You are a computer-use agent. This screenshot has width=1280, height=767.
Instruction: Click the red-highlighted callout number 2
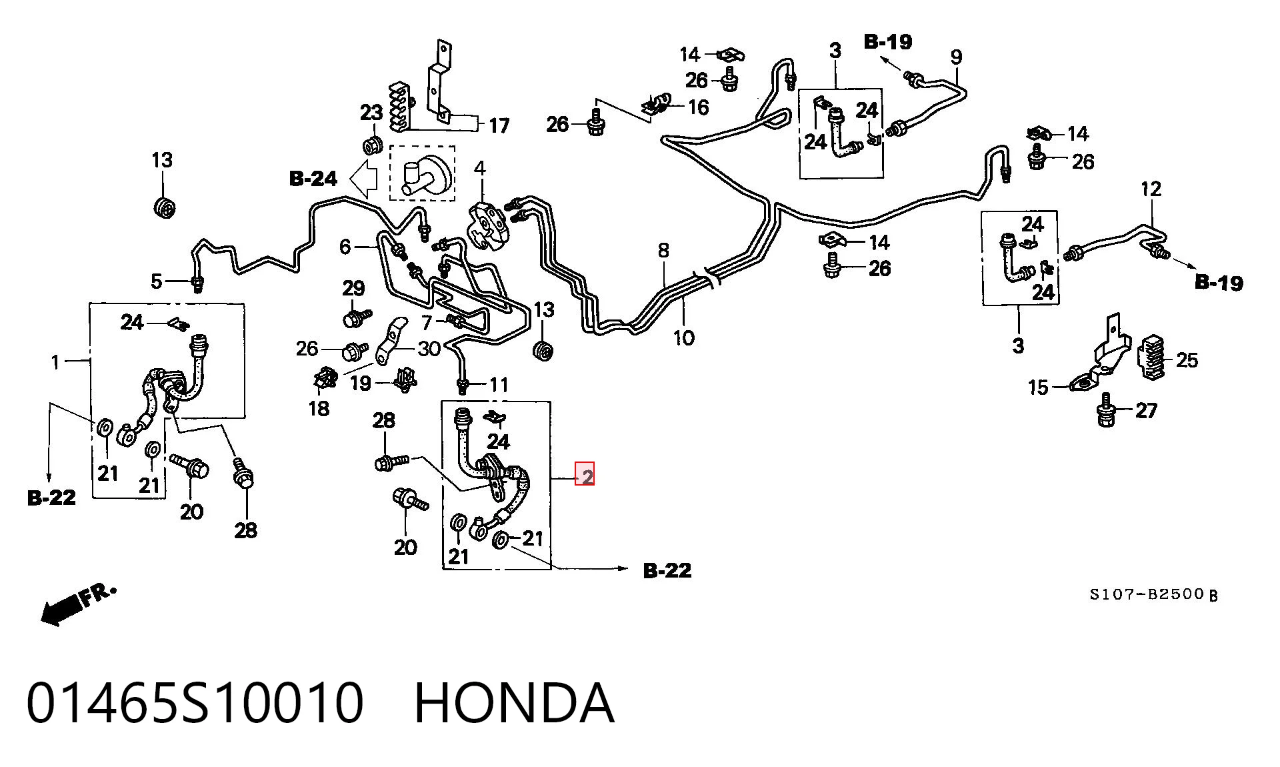click(585, 477)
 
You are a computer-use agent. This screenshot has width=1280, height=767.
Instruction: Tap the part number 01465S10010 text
click(195, 703)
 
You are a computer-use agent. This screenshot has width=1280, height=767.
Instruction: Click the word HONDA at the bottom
click(514, 703)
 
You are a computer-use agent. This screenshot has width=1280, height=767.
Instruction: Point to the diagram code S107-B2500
click(1147, 594)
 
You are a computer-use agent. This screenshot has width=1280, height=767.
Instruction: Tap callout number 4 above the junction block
click(480, 167)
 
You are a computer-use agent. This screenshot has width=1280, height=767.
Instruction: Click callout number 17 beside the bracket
click(499, 125)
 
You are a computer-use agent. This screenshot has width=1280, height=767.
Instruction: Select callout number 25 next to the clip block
click(1187, 360)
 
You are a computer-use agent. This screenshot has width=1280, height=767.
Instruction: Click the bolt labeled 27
click(1105, 411)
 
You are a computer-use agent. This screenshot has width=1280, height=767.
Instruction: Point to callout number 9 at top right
click(957, 57)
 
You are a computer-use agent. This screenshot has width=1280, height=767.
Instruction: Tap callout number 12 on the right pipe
click(1151, 189)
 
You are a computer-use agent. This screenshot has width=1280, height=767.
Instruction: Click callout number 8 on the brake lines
click(663, 251)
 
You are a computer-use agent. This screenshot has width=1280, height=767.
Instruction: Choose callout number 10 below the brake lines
click(684, 338)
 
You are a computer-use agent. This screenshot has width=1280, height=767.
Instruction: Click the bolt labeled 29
click(355, 317)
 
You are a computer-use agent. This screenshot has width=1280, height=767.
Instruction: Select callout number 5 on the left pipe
click(157, 281)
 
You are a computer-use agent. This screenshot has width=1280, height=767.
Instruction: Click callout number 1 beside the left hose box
click(55, 362)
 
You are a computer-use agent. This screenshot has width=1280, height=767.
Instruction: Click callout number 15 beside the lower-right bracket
click(1038, 388)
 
